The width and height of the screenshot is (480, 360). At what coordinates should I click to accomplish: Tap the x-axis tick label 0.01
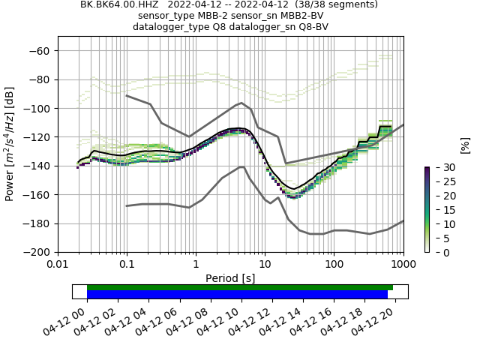click(58, 265)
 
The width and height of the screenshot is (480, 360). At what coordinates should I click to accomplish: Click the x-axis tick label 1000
click(403, 265)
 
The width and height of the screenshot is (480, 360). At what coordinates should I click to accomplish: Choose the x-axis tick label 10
click(265, 265)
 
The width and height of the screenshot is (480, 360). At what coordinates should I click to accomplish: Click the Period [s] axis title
click(230, 278)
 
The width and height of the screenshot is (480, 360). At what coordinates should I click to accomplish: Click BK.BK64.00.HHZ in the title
click(117, 4)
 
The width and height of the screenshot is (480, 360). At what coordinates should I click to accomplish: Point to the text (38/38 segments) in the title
click(335, 4)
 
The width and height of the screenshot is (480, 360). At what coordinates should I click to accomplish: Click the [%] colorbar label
click(465, 145)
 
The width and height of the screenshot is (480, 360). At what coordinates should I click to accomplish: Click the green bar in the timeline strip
click(240, 287)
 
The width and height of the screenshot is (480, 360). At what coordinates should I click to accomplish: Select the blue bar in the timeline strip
click(237, 294)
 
